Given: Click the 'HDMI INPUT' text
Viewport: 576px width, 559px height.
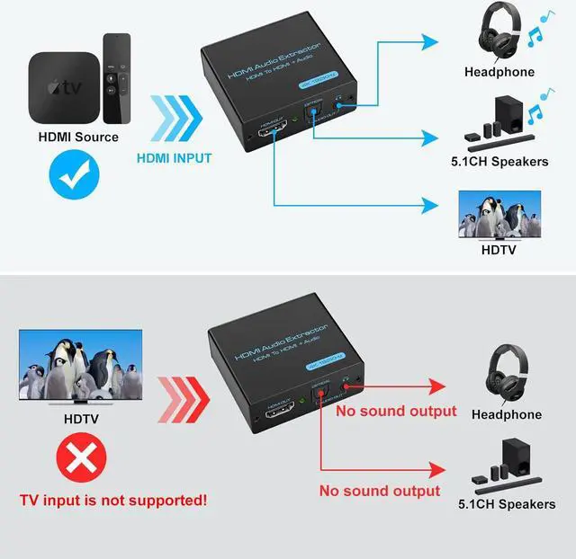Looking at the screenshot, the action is pyautogui.click(x=175, y=158).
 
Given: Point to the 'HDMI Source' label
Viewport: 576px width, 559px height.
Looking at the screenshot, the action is pyautogui.click(x=78, y=138).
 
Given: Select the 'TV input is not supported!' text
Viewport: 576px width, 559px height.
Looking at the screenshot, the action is pyautogui.click(x=113, y=499).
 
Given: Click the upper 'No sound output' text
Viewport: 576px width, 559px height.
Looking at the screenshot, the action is pyautogui.click(x=396, y=412).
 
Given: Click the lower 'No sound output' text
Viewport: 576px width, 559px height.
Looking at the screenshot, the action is pyautogui.click(x=380, y=491).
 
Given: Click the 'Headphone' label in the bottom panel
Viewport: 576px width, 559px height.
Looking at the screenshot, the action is pyautogui.click(x=507, y=414).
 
